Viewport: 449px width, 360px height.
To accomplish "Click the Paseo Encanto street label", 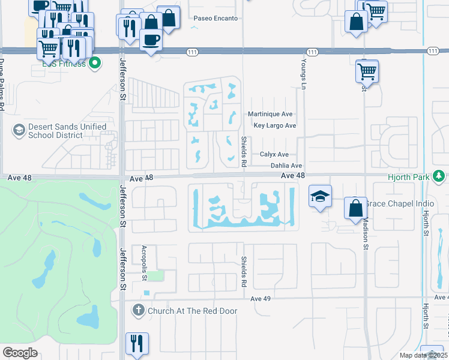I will point(215,19).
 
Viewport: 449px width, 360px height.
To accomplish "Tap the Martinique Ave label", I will point(270,114).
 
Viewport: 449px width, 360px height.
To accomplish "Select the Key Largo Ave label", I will point(275,125).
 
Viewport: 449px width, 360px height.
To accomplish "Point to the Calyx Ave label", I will point(274,154).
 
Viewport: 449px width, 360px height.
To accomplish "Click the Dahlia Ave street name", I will point(286,166).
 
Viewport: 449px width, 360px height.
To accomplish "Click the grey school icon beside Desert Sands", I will point(19,130).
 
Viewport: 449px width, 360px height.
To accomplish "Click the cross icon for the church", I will point(138,310).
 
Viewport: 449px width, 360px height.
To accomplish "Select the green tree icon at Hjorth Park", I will point(440,176).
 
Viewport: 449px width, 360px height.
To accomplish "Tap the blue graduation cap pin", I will point(321,196).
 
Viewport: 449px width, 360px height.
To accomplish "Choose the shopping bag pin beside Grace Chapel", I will point(355,208).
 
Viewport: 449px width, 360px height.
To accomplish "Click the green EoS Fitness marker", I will point(94,62).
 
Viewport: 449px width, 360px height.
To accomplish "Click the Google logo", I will point(20,353).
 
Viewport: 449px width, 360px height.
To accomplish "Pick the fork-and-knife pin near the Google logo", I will point(137,344).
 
